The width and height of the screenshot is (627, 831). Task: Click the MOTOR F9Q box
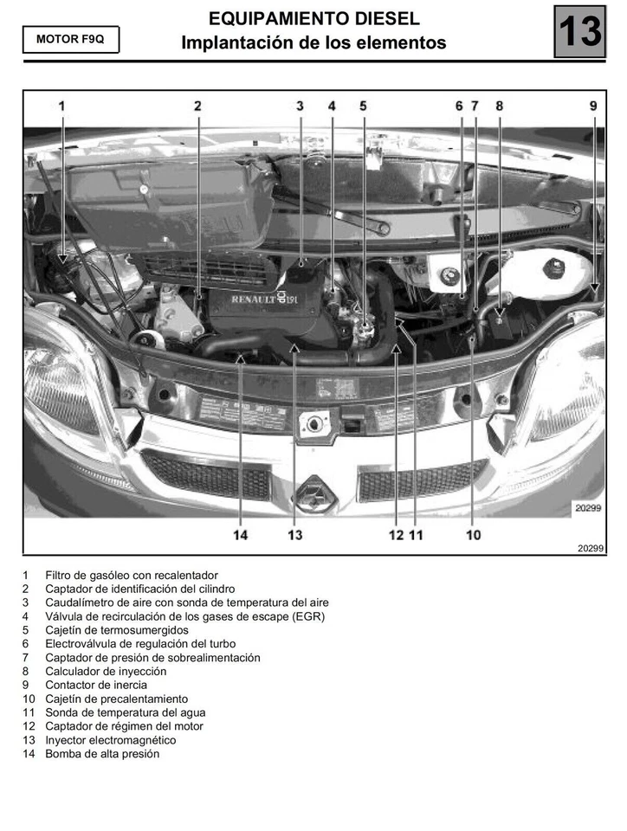(71, 40)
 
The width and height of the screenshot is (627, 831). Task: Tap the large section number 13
(579, 31)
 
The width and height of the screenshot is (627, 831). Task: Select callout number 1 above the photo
(61, 106)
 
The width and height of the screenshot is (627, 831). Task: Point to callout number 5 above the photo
(363, 106)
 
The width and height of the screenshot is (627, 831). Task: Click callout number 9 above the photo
(593, 106)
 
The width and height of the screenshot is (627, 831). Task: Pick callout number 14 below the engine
(240, 535)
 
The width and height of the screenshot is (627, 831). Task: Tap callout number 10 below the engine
(473, 535)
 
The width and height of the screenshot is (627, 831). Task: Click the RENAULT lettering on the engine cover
(253, 299)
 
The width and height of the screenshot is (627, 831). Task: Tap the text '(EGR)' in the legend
(308, 616)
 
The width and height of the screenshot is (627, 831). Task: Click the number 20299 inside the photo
(588, 509)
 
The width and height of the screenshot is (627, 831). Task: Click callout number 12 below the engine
(396, 535)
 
